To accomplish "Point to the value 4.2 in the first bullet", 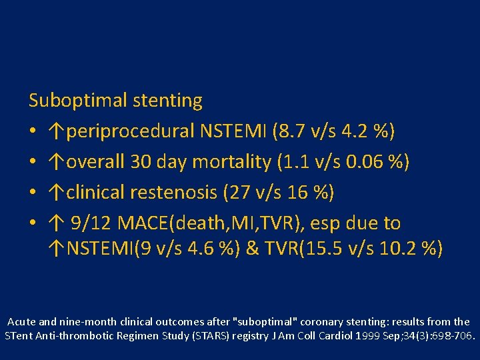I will [351, 132].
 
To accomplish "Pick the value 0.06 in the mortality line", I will [370, 163].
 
